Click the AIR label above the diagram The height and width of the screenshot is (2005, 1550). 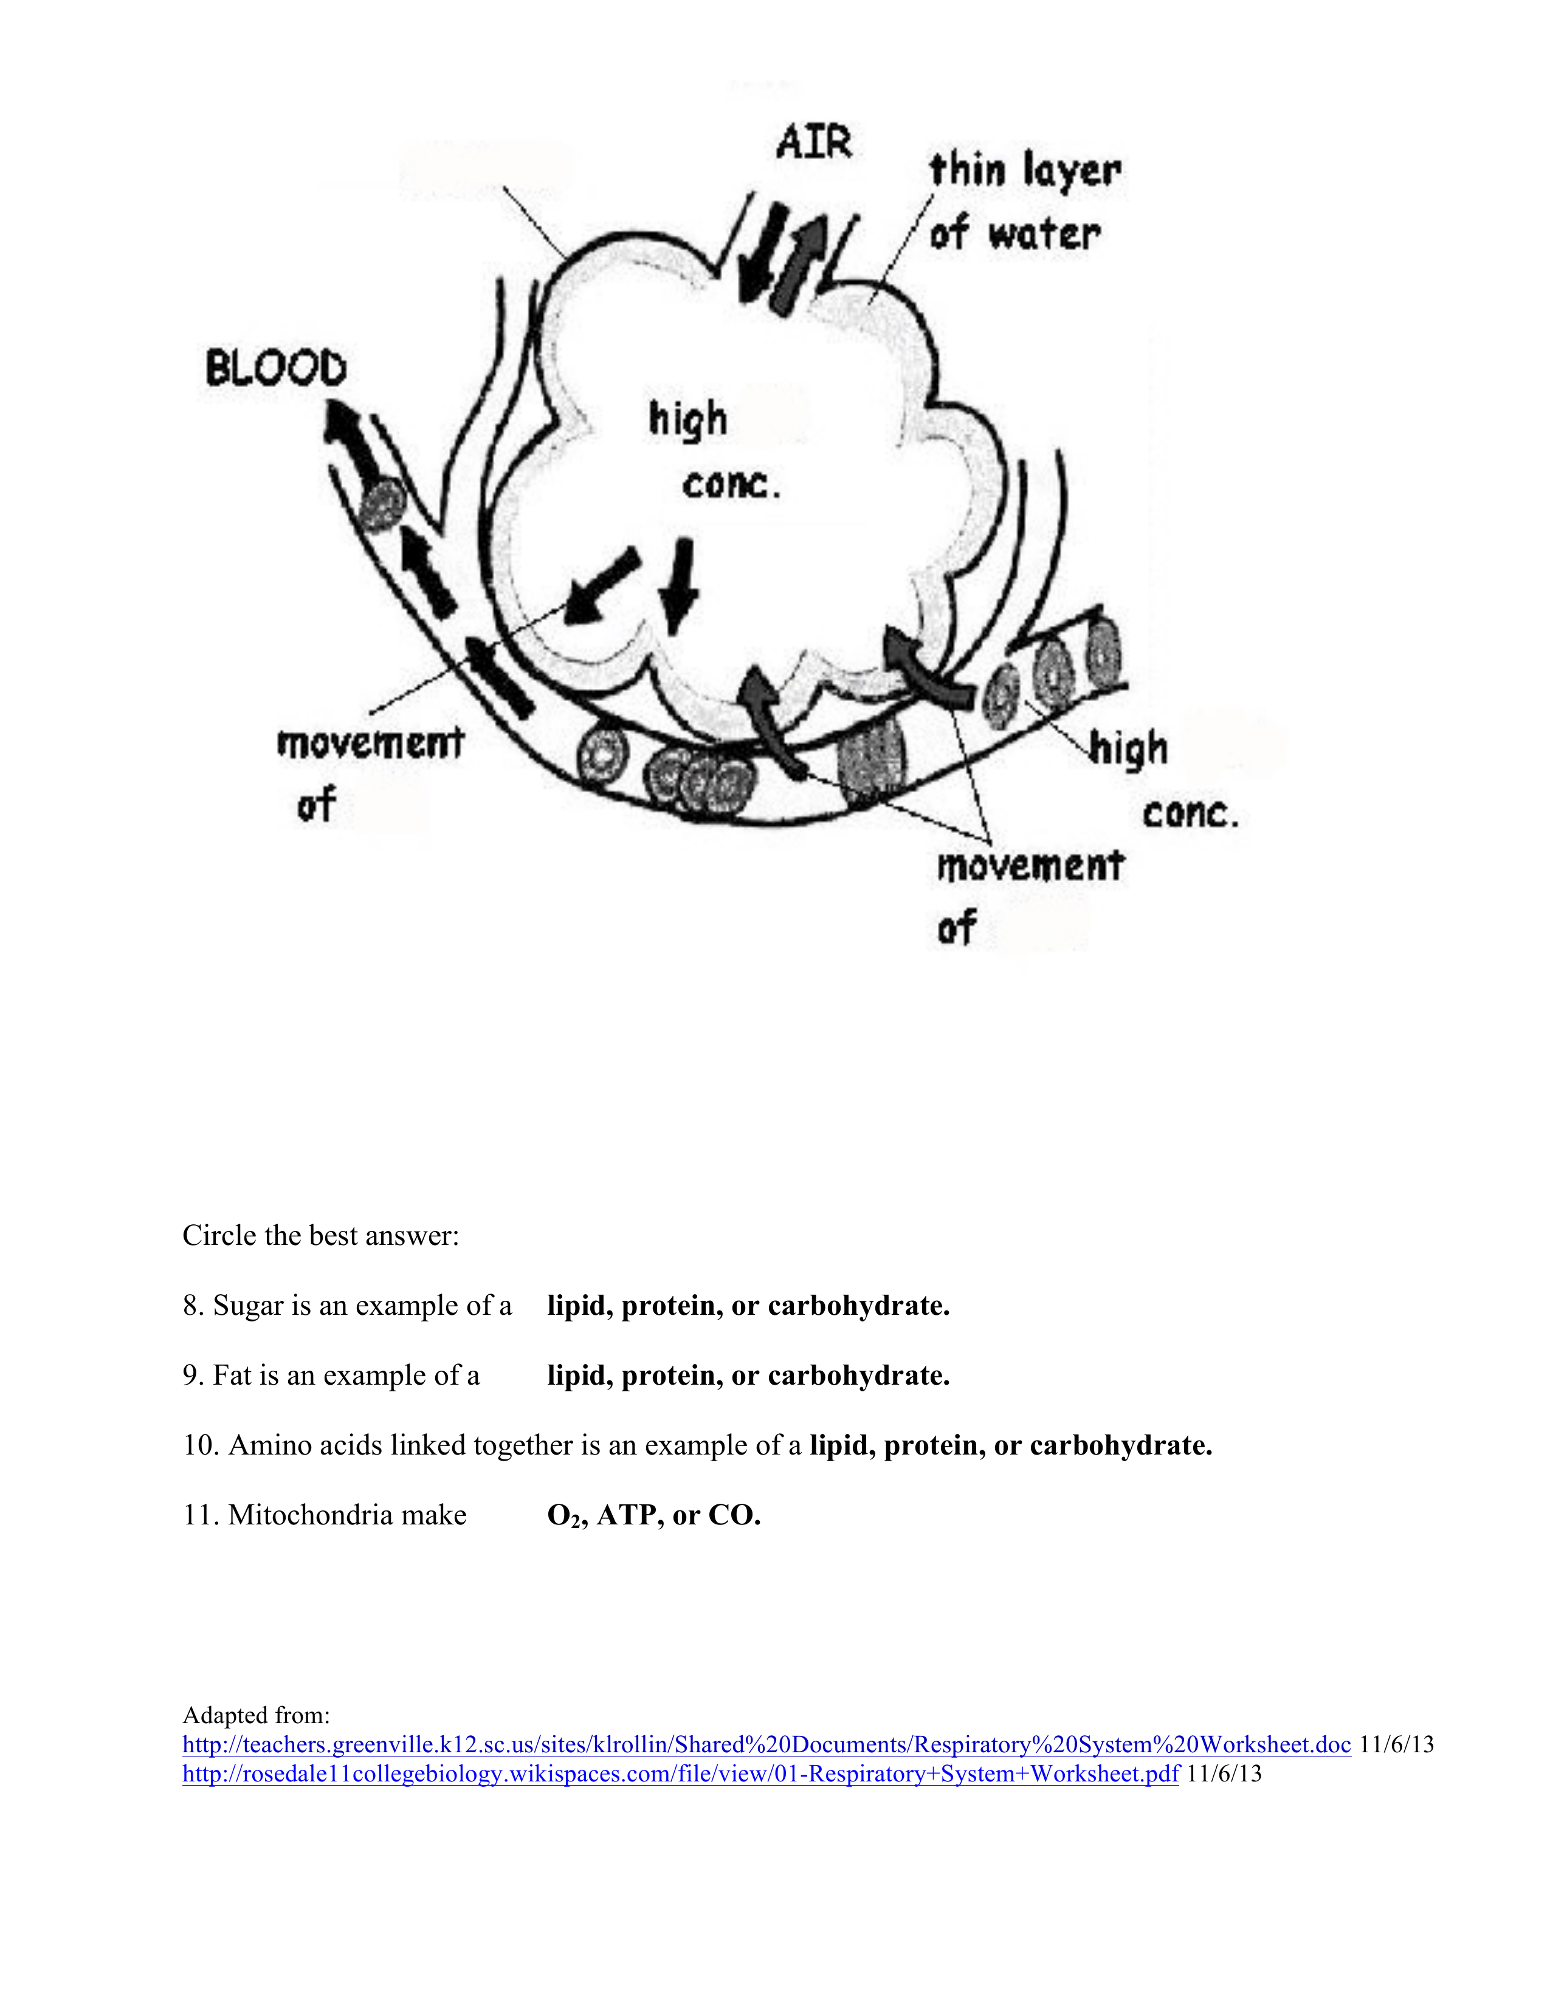pos(813,143)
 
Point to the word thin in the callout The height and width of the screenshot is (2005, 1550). pos(968,171)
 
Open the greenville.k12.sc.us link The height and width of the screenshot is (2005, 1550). pos(766,1744)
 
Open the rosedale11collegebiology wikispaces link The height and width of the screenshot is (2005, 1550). pos(680,1774)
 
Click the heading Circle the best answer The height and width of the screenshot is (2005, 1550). pos(320,1236)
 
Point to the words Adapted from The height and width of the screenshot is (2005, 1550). pos(256,1715)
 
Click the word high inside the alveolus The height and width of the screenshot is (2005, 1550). pos(687,420)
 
